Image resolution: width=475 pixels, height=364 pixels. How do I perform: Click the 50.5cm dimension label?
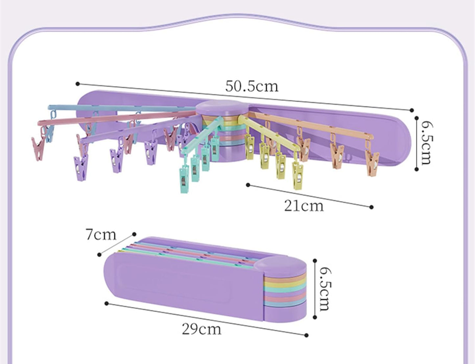(x=252, y=86)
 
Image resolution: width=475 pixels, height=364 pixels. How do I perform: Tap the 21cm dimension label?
(x=304, y=206)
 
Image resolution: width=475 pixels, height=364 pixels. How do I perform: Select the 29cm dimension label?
(x=201, y=329)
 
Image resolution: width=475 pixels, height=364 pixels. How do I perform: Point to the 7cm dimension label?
(x=101, y=235)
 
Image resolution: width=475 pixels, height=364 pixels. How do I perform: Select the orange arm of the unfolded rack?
(x=310, y=124)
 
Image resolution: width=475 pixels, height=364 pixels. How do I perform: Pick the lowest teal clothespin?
(x=184, y=180)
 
